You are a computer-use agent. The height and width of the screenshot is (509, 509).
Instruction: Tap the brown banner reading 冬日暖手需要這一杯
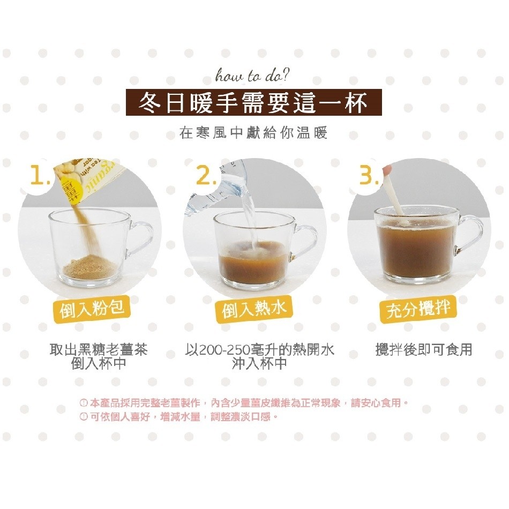point(254,102)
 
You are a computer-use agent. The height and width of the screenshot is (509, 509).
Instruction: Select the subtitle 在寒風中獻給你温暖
point(253,133)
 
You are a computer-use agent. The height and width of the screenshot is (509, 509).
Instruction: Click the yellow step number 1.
point(40,175)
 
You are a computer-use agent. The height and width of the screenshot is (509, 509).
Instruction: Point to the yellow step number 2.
point(206,176)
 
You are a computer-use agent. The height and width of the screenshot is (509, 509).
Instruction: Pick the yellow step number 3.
point(369,176)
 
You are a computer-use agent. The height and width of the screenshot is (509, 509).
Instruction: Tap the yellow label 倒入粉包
point(92,308)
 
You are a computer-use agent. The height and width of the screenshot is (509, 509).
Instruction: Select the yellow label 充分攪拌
point(418,309)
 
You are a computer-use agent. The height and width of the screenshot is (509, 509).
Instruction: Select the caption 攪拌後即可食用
point(424,350)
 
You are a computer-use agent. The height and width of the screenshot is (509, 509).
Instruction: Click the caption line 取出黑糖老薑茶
point(99,350)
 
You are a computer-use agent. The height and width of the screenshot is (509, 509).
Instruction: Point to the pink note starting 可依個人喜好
point(179,416)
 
